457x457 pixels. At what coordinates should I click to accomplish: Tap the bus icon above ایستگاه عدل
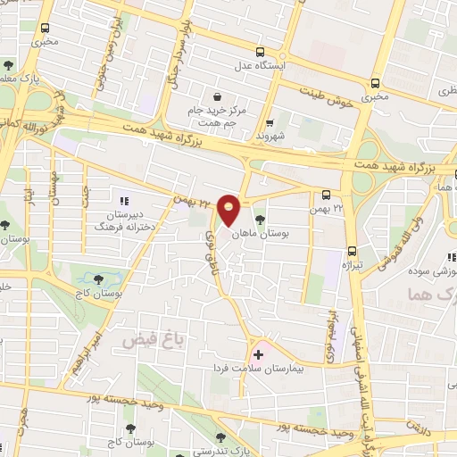point(259,51)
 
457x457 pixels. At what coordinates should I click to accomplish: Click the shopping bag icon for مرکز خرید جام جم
point(217,96)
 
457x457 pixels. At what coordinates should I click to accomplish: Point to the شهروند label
point(268,137)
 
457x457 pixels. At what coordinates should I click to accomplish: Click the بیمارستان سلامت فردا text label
point(259,368)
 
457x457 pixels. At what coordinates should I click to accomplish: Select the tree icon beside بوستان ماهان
point(260,220)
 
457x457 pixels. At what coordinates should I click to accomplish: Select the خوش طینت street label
point(324,89)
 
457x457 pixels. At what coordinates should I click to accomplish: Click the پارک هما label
point(437,295)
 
